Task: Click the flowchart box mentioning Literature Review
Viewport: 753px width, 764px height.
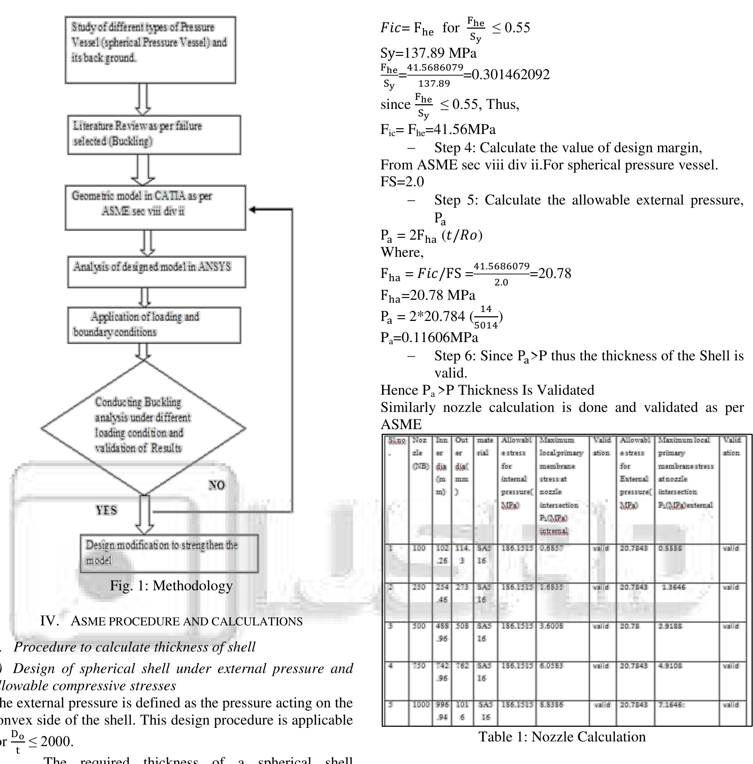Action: [154, 134]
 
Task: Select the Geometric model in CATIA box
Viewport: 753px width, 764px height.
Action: [155, 207]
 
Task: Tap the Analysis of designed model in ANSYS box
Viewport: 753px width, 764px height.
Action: [156, 271]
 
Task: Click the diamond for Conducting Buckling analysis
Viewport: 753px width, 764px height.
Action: [143, 427]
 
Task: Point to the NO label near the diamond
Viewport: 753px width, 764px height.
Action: [217, 485]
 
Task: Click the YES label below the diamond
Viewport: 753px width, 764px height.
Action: [106, 510]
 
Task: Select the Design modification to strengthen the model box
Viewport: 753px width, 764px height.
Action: [169, 553]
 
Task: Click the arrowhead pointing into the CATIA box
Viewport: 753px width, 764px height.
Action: [252, 210]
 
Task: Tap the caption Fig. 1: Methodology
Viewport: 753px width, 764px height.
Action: [171, 585]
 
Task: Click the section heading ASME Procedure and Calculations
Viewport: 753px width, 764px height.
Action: [171, 621]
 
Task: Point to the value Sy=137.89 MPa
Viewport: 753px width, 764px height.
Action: [428, 53]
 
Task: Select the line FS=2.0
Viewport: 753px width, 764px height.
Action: [402, 182]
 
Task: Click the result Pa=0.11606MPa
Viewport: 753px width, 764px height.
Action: [429, 337]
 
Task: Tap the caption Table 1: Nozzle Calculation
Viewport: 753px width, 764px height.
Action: [562, 737]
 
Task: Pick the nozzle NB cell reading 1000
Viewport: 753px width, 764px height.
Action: [420, 705]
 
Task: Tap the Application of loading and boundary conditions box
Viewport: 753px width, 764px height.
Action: [154, 325]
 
